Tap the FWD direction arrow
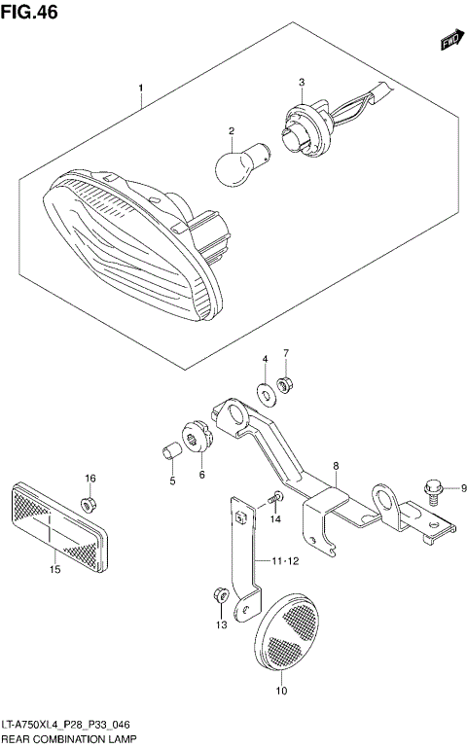click(x=448, y=41)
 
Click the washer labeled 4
click(x=265, y=394)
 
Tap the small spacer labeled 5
click(x=169, y=452)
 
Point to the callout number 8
click(x=335, y=466)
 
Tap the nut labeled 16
click(x=89, y=504)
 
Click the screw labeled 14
click(x=274, y=498)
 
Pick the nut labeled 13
click(x=220, y=592)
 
